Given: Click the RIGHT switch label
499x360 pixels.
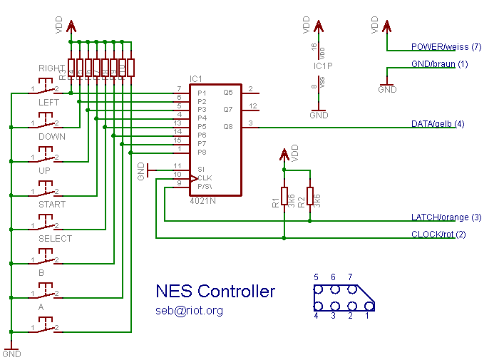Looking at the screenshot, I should coord(51,68).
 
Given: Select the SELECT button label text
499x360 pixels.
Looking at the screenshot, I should coord(55,239).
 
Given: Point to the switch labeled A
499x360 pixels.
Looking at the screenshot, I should coord(44,329).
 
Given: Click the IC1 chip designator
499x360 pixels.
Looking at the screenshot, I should coord(196,78).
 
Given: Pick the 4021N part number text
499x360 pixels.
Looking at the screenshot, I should coord(204,202).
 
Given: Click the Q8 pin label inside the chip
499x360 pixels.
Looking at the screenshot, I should coord(228,126).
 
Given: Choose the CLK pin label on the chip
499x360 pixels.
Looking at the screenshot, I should coord(205,178).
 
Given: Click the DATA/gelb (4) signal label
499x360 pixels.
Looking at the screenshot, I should coord(438,124).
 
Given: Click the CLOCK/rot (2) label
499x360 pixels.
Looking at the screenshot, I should coord(438,234).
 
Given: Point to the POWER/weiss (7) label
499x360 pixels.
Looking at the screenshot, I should coord(446,47).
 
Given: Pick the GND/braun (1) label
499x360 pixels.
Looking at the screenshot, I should coord(440,64).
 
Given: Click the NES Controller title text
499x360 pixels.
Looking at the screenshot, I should coord(215,291).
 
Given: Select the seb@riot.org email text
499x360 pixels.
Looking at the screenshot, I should coord(190,311).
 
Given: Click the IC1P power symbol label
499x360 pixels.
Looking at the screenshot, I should coord(324,66).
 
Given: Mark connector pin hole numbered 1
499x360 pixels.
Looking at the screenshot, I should coord(369,307).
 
